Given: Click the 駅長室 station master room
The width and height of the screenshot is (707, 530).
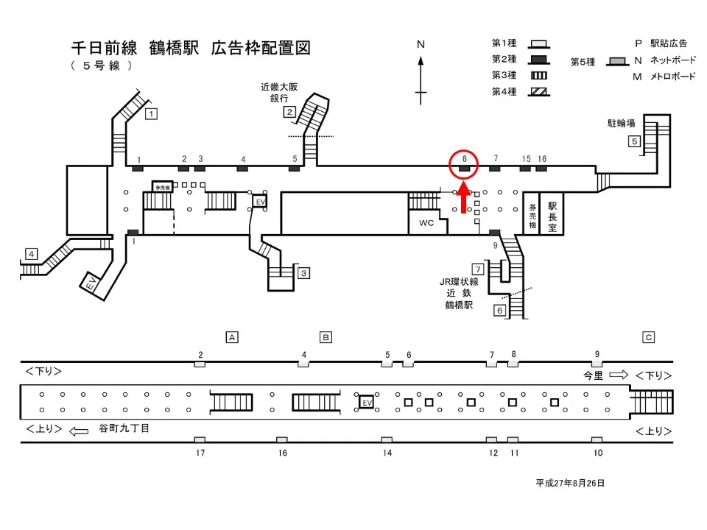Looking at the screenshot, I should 552,213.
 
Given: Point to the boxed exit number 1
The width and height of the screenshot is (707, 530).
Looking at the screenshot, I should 150,114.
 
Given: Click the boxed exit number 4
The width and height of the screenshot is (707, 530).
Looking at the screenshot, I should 31,254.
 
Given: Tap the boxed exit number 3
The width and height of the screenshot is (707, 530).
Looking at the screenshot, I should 303,273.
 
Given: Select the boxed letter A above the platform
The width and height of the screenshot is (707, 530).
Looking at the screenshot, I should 231,337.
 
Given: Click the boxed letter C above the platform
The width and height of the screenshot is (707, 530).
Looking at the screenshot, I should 649,337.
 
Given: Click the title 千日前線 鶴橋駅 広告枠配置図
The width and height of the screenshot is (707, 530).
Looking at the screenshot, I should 190,49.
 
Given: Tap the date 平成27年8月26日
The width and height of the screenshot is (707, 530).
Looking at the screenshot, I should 570,483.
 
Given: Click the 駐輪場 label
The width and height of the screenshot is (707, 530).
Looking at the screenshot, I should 622,124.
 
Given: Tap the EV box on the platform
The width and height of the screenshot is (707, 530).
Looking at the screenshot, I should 366,402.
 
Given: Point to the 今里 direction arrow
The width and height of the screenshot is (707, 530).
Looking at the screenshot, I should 617,374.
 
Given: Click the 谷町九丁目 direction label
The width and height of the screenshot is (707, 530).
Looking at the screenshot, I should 124,428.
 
